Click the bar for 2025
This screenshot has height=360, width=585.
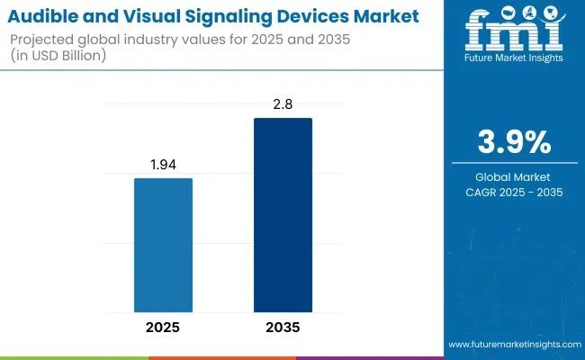click(x=163, y=245)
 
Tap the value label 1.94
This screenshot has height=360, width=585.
click(x=163, y=165)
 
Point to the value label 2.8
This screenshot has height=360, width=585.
click(x=283, y=104)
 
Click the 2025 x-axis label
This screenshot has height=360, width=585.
click(x=163, y=327)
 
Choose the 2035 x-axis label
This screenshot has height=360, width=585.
click(x=283, y=327)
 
